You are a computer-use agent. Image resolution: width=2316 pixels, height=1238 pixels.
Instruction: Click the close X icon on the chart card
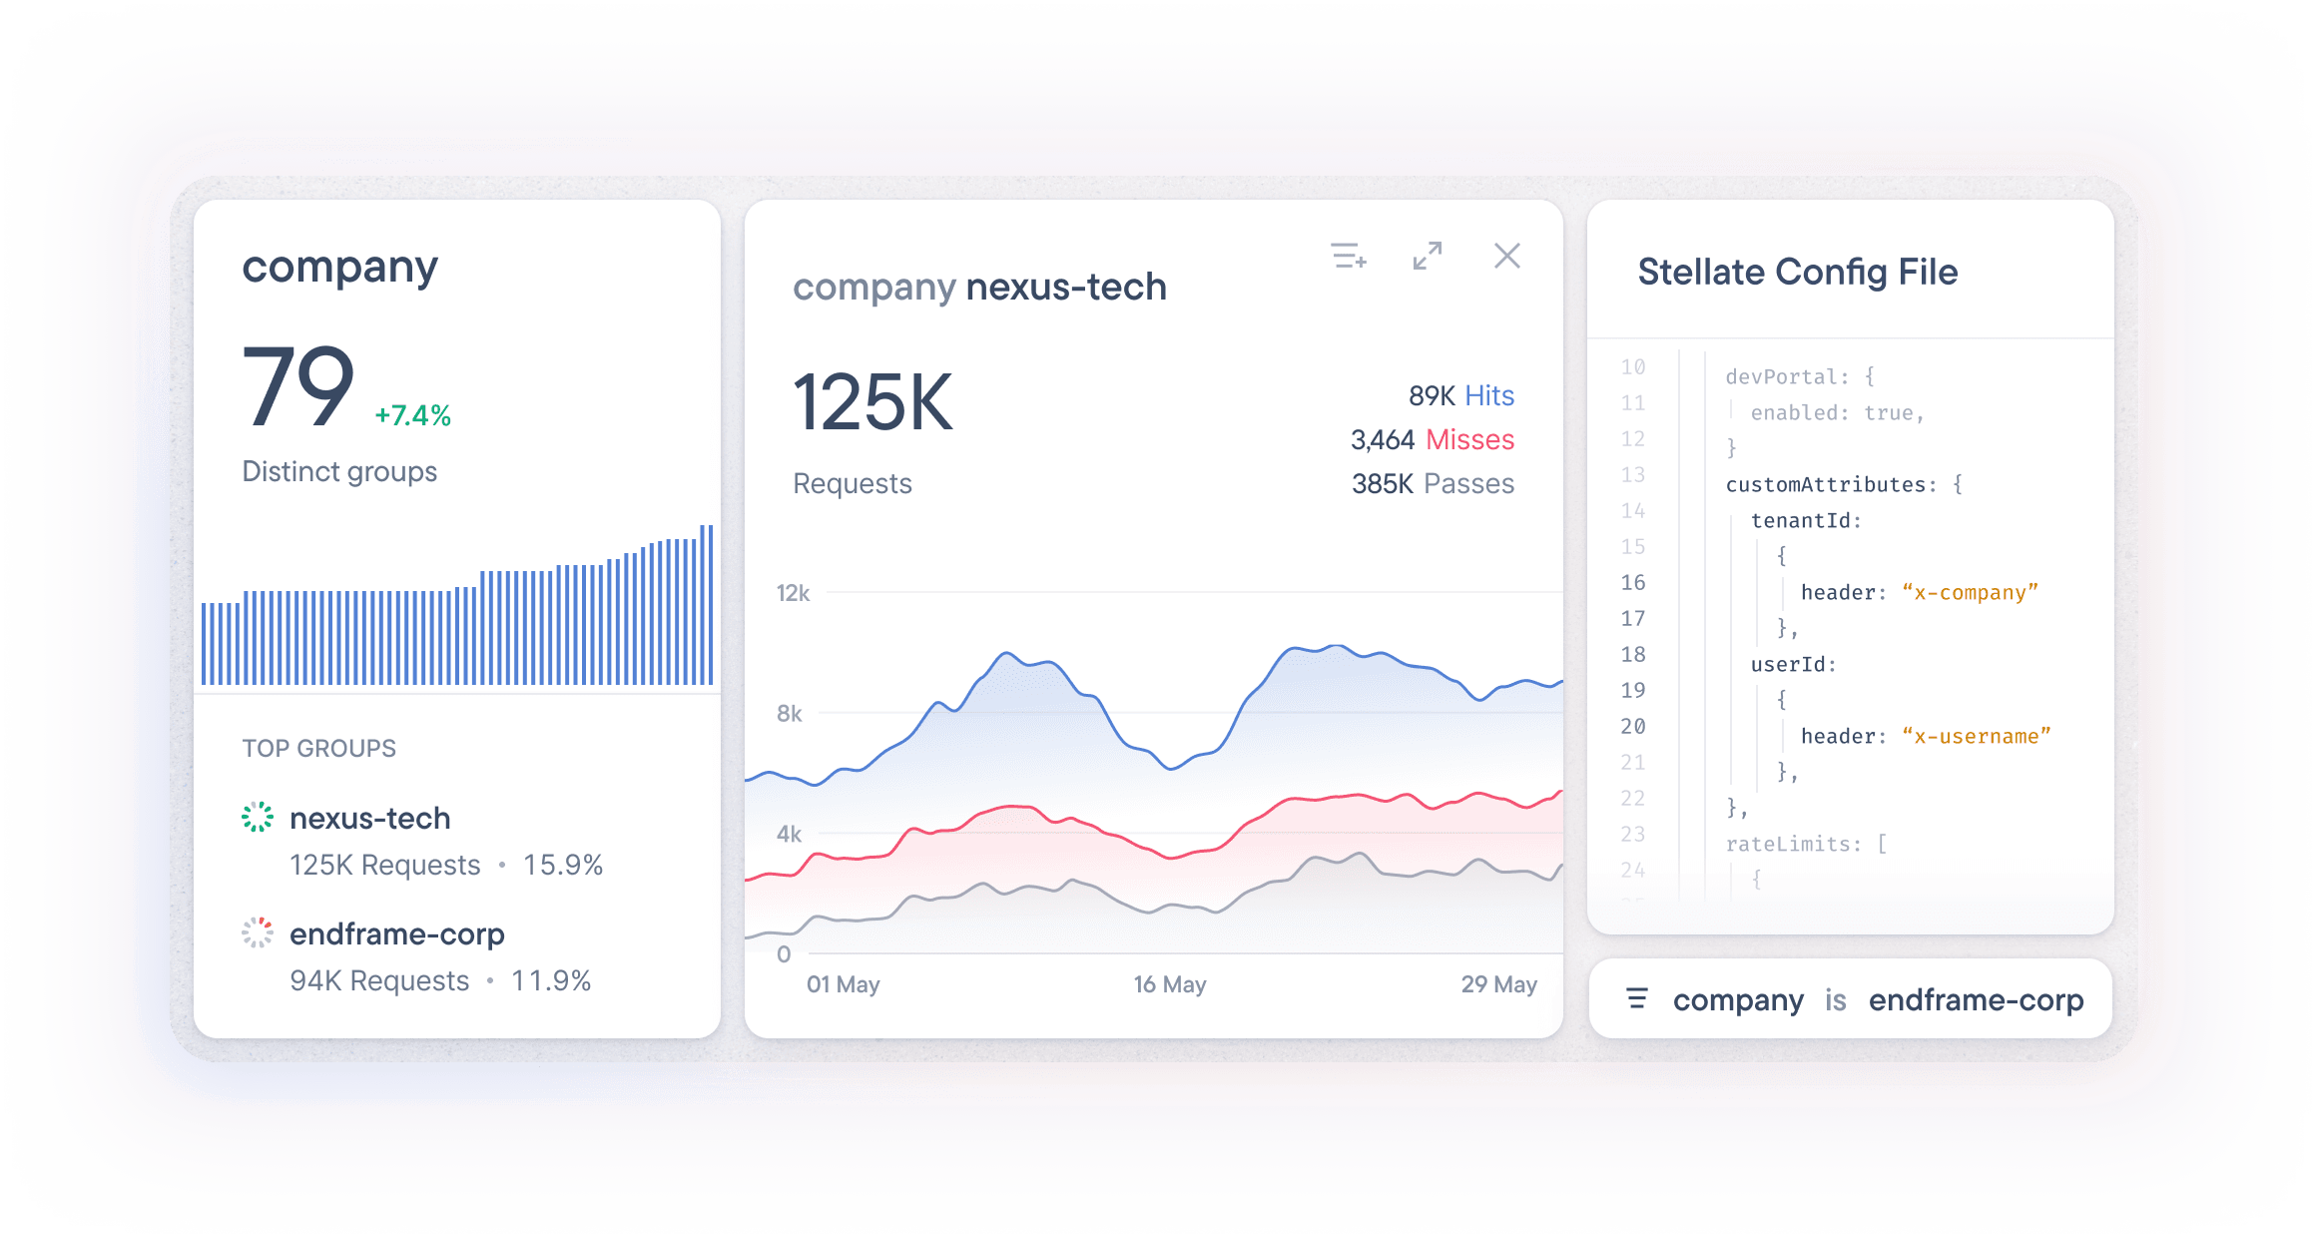[x=1506, y=256]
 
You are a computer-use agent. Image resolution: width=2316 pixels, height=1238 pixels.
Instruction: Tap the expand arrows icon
[x=1428, y=256]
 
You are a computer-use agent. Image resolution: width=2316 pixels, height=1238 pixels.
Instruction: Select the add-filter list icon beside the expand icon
[x=1349, y=256]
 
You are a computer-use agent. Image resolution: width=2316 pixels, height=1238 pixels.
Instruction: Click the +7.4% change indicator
[x=412, y=415]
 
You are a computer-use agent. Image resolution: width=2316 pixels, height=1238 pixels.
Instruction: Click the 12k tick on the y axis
[x=793, y=593]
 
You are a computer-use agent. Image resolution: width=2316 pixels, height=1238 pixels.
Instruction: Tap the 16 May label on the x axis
[x=1170, y=984]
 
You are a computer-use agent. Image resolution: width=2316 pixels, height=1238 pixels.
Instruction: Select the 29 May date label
[x=1498, y=984]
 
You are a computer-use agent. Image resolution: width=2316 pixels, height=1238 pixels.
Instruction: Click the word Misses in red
[x=1469, y=439]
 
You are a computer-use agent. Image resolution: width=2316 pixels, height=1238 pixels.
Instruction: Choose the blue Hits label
[x=1488, y=395]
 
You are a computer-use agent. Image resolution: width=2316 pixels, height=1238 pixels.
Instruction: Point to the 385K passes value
[x=1383, y=484]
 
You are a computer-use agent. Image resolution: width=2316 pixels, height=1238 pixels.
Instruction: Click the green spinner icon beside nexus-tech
[x=258, y=817]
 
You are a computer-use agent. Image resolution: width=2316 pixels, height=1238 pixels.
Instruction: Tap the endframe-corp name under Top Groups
[x=397, y=934]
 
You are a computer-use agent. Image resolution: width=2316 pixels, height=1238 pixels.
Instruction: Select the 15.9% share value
[x=563, y=865]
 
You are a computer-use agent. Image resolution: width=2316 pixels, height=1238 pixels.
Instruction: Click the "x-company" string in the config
[x=1970, y=592]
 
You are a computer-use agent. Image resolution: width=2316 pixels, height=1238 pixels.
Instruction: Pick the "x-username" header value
[x=1976, y=736]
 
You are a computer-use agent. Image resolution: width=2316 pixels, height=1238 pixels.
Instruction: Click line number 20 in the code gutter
[x=1633, y=726]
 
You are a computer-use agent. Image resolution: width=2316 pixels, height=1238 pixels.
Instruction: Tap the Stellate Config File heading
[x=1797, y=272]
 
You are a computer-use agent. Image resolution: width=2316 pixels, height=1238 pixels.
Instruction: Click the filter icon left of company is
[x=1637, y=998]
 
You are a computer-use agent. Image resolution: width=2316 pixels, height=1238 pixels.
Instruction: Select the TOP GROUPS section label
[x=319, y=748]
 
